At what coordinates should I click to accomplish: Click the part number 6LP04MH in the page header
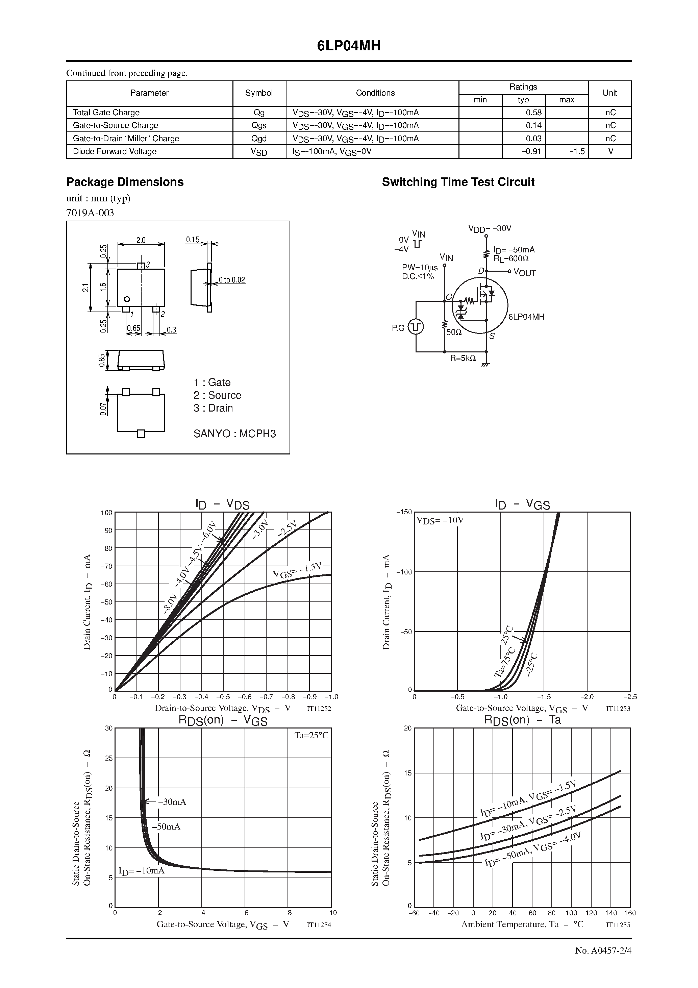click(349, 46)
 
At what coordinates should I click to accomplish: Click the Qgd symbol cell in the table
click(259, 139)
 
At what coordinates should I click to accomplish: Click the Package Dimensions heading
click(125, 182)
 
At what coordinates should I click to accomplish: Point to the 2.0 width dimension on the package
click(141, 240)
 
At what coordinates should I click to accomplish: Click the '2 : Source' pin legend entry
click(217, 395)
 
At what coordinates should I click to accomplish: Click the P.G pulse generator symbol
click(415, 327)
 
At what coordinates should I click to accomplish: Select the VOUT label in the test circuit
click(525, 273)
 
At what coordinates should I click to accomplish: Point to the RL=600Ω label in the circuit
click(511, 258)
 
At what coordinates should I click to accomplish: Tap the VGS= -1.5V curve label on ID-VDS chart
click(297, 571)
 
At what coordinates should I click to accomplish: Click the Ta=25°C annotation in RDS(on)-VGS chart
click(311, 735)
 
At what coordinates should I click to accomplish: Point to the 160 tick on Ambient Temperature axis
click(629, 913)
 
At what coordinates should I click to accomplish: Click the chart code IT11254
click(319, 924)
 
